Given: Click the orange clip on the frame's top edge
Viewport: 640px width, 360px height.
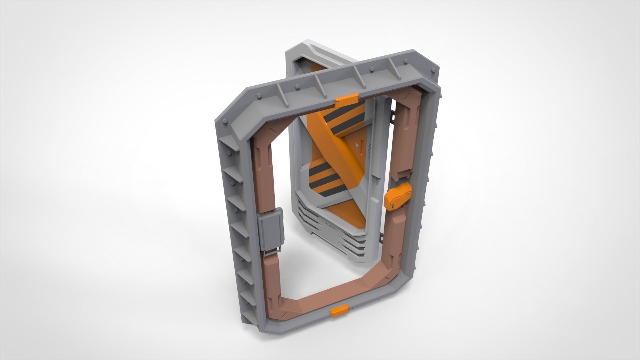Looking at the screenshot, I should (x=347, y=100).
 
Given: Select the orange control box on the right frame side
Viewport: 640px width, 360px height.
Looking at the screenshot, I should (x=398, y=199).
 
